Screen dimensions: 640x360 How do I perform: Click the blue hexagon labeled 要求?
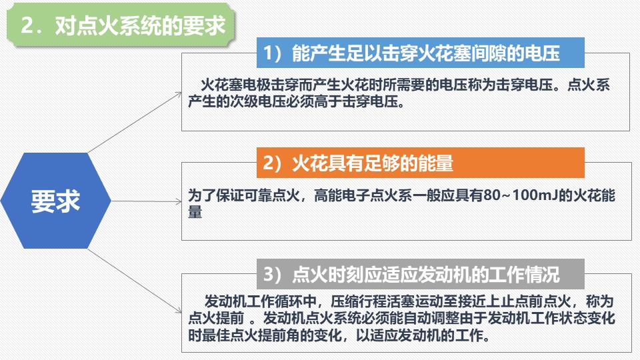(x=56, y=201)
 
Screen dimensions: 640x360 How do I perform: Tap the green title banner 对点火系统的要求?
(x=121, y=25)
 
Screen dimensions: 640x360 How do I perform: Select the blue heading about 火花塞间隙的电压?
(x=421, y=53)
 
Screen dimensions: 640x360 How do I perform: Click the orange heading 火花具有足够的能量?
(x=421, y=163)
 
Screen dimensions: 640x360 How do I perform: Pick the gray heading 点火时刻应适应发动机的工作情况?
(x=421, y=274)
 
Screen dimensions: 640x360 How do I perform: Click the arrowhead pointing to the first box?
(x=179, y=94)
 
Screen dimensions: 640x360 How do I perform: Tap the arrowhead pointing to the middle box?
(x=179, y=201)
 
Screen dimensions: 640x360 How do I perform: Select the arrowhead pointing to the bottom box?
(x=179, y=311)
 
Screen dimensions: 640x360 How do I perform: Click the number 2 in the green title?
(x=28, y=25)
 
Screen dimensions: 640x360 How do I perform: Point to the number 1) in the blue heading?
(x=273, y=53)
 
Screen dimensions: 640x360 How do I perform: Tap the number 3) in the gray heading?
(x=273, y=274)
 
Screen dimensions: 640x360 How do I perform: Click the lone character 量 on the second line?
(x=195, y=212)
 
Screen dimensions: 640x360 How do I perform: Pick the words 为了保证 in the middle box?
(x=215, y=195)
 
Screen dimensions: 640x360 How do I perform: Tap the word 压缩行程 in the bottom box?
(x=359, y=301)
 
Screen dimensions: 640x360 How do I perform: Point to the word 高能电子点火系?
(x=363, y=195)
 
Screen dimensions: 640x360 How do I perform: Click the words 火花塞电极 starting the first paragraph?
(x=235, y=85)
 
